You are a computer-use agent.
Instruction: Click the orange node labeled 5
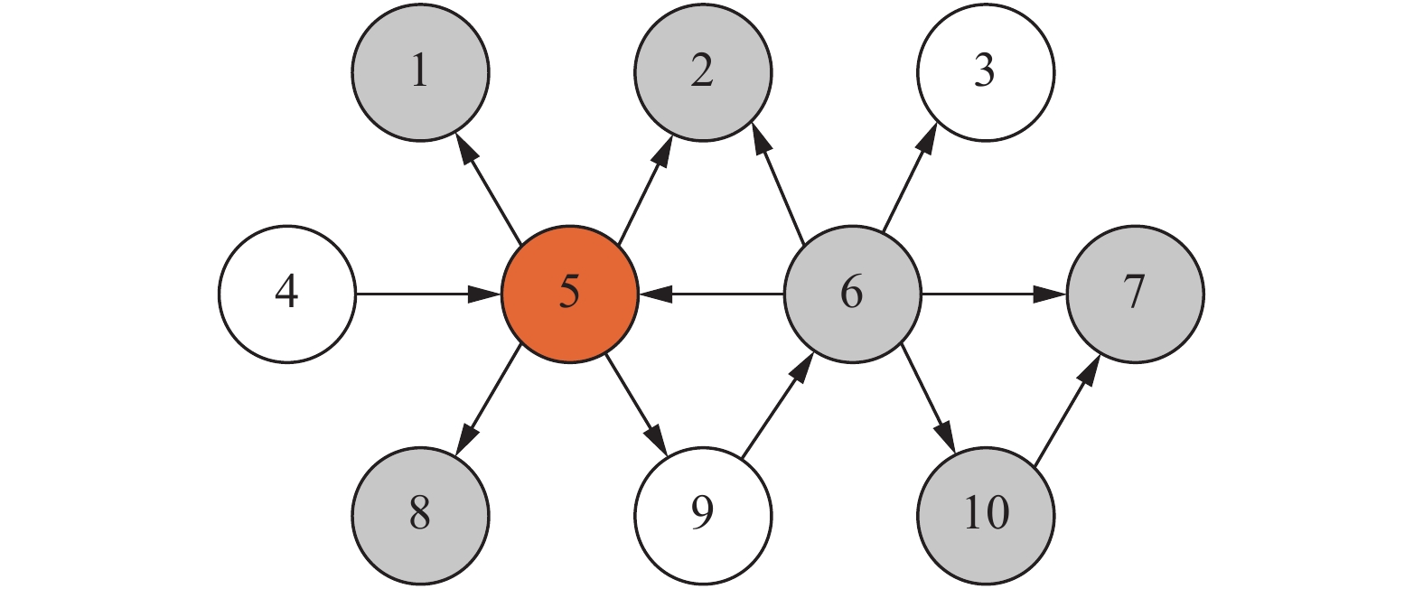pos(569,294)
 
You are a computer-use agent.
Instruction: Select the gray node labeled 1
pos(420,72)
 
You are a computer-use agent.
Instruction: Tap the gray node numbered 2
pos(703,72)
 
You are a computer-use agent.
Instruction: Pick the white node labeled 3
pos(986,72)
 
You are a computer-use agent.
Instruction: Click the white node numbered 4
pos(287,294)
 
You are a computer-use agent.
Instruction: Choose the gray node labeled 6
pos(852,294)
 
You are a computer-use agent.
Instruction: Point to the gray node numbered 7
pos(1135,294)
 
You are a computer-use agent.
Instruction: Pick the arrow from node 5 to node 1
pos(489,190)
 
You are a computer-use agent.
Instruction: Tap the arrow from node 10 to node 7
pos(1067,410)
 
